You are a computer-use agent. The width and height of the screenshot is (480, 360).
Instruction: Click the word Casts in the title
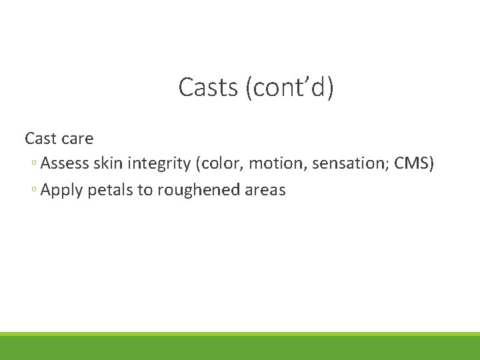point(209,87)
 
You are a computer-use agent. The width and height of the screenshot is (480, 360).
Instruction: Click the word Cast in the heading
point(41,139)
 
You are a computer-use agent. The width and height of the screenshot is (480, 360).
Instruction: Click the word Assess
point(65,163)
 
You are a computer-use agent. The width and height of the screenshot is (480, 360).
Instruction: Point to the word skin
point(109,163)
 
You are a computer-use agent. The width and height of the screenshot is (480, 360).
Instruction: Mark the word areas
point(265,190)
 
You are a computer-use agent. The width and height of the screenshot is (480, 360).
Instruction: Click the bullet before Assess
point(34,164)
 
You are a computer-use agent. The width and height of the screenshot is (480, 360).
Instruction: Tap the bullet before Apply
point(34,191)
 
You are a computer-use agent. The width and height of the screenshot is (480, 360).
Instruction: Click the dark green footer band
point(240,349)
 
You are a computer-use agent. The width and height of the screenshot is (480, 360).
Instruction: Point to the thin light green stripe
point(240,334)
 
